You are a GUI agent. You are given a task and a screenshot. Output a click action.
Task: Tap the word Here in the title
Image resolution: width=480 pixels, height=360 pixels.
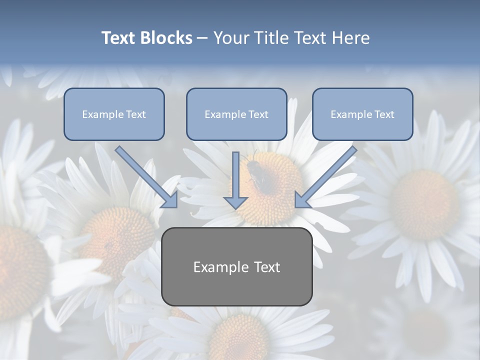pos(349,38)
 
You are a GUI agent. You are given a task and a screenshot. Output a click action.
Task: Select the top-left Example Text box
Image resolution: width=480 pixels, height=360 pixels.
pos(114,114)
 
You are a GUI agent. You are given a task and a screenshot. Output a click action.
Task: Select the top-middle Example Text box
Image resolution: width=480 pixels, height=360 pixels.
pos(236,114)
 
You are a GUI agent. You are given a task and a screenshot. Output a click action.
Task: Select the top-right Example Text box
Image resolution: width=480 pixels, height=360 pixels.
pos(362,114)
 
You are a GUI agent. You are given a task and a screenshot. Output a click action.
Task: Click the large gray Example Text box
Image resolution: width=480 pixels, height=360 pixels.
pos(237,266)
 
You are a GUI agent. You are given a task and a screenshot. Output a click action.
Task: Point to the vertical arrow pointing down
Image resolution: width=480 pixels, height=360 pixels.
pos(235,180)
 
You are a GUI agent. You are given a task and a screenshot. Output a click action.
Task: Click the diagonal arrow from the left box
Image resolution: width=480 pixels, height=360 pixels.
pos(145,175)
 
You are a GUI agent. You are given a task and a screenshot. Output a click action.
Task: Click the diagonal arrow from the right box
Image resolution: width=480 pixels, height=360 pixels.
pos(327,175)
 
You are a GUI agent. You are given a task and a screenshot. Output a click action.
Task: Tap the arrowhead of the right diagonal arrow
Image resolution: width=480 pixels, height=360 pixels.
pos(301,200)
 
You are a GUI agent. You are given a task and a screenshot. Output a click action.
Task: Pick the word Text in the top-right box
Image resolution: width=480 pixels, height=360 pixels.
pos(384,114)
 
